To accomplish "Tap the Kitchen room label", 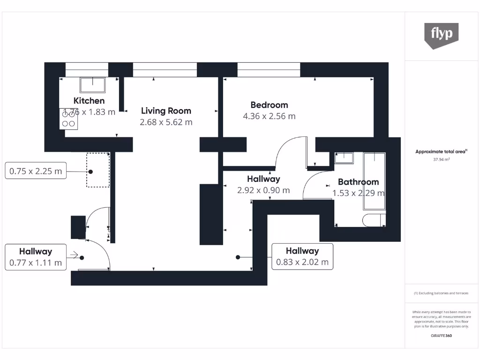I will (x=89, y=100).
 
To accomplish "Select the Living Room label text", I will (x=166, y=111).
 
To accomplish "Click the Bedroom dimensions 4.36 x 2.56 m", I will (x=269, y=116).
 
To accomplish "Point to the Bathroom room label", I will (x=358, y=182).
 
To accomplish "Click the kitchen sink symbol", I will (x=93, y=85).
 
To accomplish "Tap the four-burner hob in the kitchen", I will (x=69, y=119).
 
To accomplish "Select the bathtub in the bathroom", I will (x=375, y=180).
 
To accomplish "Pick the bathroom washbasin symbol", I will (x=344, y=157).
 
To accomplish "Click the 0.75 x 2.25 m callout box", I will (x=36, y=171).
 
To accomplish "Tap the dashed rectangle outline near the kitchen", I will (x=97, y=169).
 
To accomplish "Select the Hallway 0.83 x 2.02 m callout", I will (x=302, y=256).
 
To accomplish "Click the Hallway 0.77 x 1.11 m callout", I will (x=36, y=257).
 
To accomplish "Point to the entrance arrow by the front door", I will (x=74, y=255).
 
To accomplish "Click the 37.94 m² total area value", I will (x=442, y=159).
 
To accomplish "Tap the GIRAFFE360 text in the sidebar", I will (x=442, y=336).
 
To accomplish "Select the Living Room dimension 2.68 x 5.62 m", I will (x=166, y=122).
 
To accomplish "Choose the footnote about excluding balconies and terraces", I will (x=441, y=293).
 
